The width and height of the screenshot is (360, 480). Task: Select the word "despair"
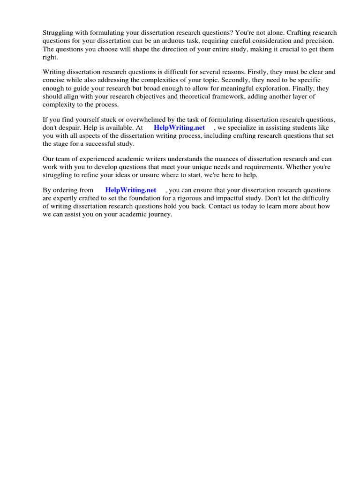point(69,127)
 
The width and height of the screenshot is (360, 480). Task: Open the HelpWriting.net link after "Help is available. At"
point(180,127)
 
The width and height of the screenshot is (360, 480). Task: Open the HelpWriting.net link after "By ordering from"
point(131,190)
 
